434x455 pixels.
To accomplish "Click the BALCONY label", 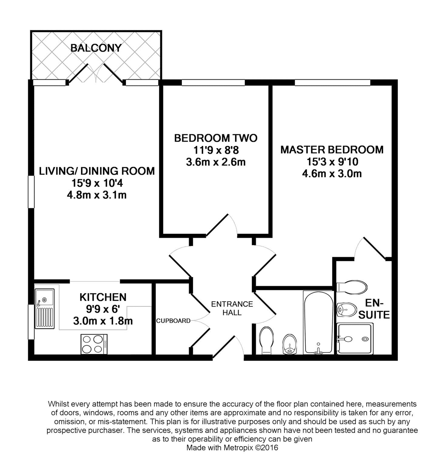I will pyautogui.click(x=96, y=48).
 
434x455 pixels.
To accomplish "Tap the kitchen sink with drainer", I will pyautogui.click(x=45, y=308).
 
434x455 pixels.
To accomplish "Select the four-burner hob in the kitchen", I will pyautogui.click(x=94, y=344).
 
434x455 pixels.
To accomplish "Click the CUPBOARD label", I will pyautogui.click(x=173, y=321).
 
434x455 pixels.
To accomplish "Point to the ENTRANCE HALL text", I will pyautogui.click(x=232, y=308).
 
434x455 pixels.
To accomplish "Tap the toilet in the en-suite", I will pyautogui.click(x=353, y=286).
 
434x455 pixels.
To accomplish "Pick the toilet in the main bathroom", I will pyautogui.click(x=267, y=340).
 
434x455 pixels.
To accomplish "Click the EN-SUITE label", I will pyautogui.click(x=374, y=309).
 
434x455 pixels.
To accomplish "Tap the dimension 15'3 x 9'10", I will pyautogui.click(x=332, y=162).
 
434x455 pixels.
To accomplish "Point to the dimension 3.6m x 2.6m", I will pyautogui.click(x=216, y=162).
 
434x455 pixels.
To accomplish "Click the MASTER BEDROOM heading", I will pyautogui.click(x=332, y=150).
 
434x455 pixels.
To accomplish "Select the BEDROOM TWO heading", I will pyautogui.click(x=216, y=138).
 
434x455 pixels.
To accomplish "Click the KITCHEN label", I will pyautogui.click(x=103, y=297).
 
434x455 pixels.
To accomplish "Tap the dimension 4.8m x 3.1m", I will pyautogui.click(x=96, y=195).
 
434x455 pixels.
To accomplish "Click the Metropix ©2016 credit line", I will pyautogui.click(x=232, y=447).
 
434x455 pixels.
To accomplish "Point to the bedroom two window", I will pyautogui.click(x=213, y=82).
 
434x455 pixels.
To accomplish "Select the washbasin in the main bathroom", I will pyautogui.click(x=290, y=345).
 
